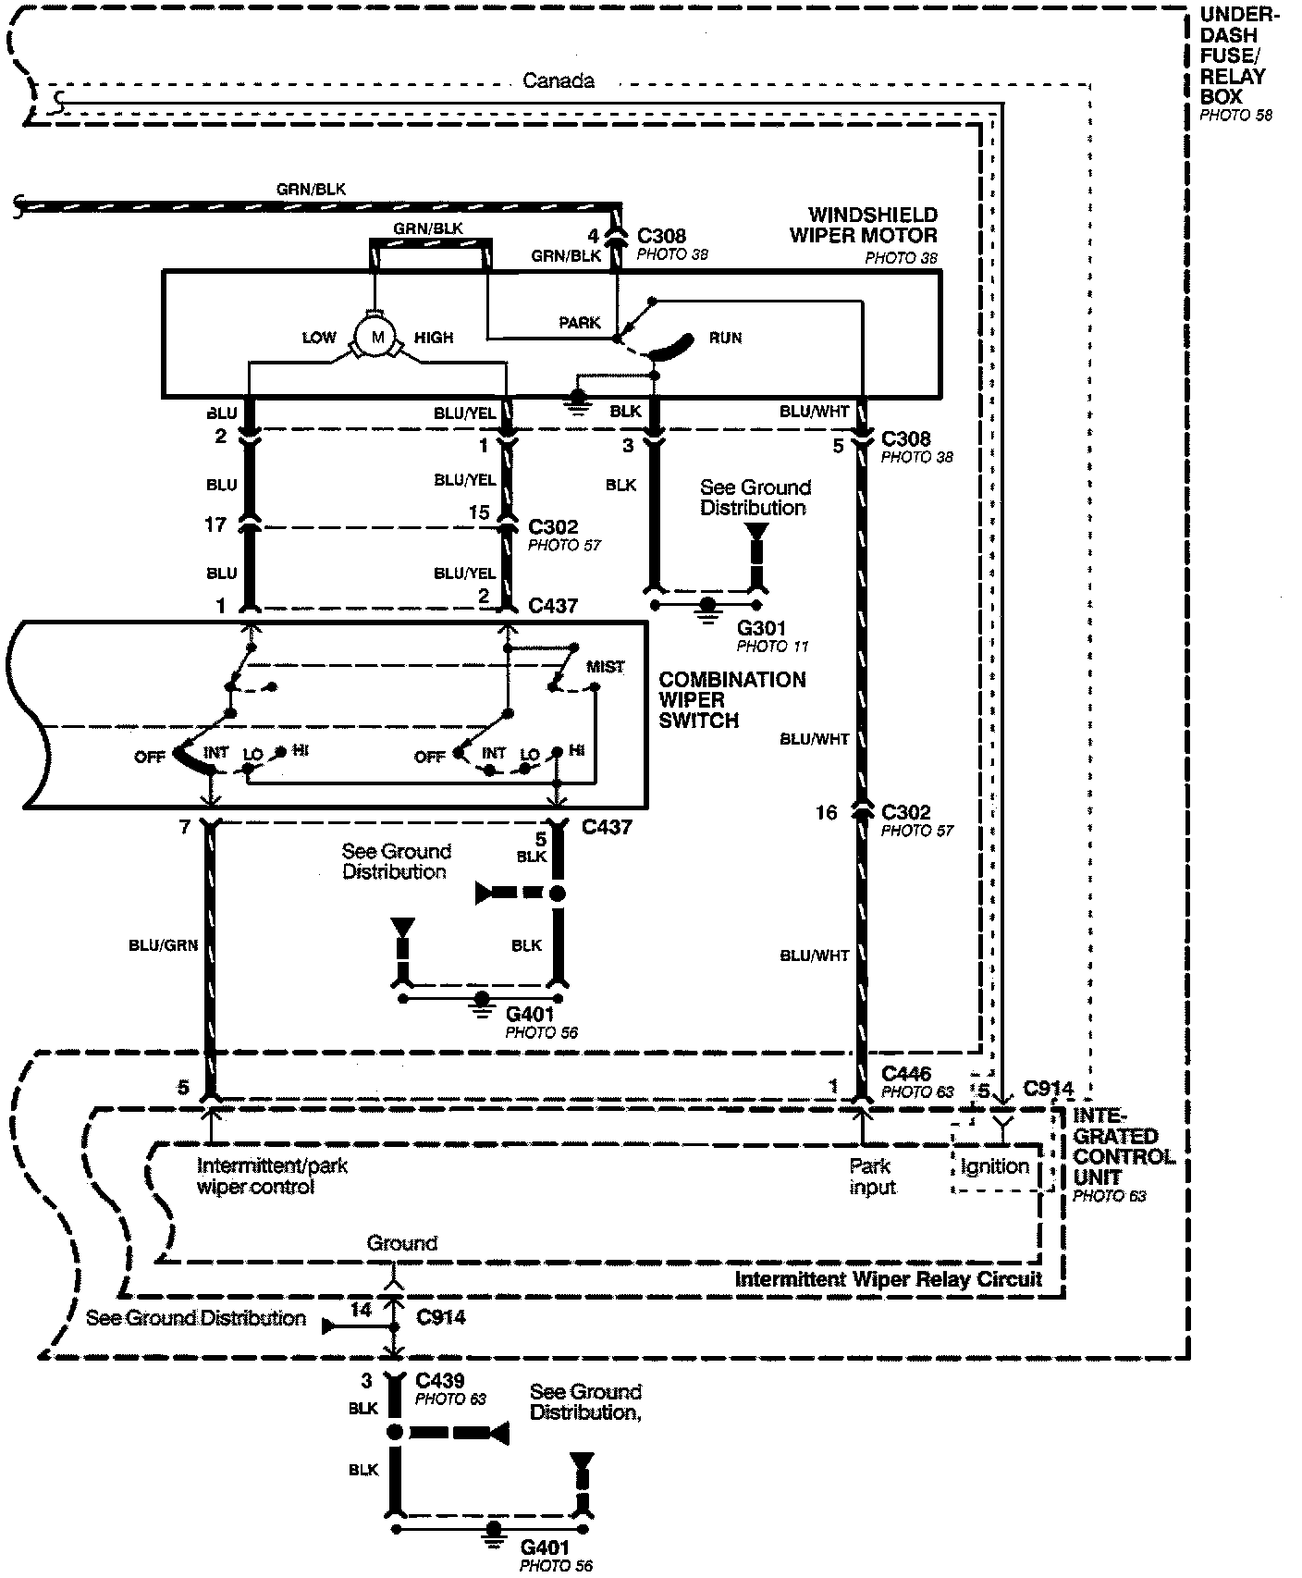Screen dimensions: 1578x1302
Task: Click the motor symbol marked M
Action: (376, 338)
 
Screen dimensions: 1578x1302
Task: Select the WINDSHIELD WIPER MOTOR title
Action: (863, 226)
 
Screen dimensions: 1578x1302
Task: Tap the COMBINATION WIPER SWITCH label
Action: (731, 700)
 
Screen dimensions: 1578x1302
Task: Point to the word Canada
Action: (558, 81)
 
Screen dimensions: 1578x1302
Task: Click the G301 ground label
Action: (761, 629)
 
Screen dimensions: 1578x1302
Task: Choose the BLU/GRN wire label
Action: (163, 945)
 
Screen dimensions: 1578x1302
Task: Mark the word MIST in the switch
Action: (605, 666)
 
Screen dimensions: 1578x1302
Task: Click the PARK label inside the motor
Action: (580, 323)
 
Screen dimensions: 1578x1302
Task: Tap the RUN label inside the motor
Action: (725, 338)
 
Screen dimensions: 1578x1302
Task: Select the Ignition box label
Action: (994, 1166)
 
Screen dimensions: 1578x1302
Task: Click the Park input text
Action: (872, 1176)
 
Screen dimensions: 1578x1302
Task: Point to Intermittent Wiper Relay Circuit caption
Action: (888, 1279)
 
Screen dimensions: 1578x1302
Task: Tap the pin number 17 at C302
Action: (215, 525)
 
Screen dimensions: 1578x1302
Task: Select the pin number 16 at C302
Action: (826, 812)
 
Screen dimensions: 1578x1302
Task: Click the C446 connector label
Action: (906, 1074)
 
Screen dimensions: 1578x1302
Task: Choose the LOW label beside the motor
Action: (319, 338)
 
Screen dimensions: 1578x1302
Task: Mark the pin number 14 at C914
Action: (361, 1310)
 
